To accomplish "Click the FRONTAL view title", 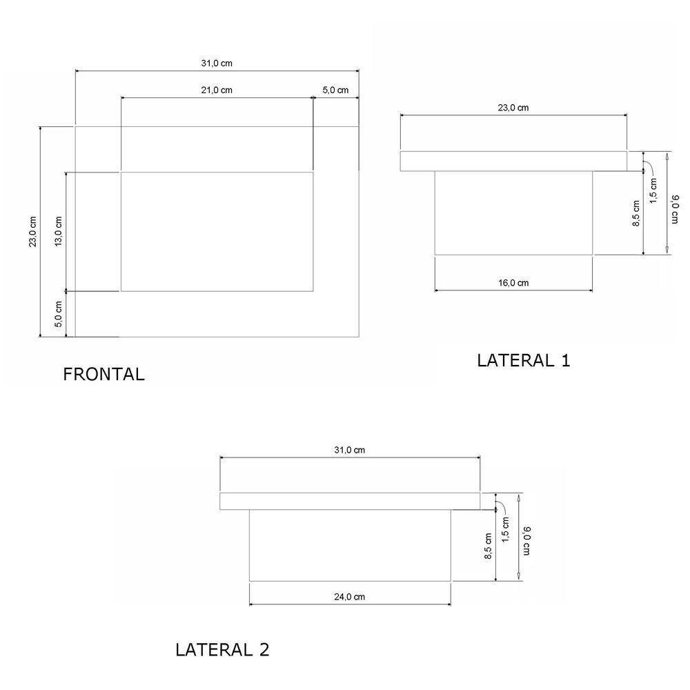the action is click(104, 375).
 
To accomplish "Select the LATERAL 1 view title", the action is click(524, 361).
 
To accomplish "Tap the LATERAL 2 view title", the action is click(222, 650).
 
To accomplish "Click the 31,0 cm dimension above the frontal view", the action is click(217, 63).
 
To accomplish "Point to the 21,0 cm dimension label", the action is click(217, 90).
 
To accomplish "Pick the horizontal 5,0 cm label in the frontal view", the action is click(335, 90).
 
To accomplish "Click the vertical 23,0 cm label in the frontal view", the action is click(33, 232).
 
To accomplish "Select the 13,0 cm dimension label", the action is click(59, 231).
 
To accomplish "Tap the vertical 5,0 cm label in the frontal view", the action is click(59, 314).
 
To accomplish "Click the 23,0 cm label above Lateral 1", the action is click(513, 108).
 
